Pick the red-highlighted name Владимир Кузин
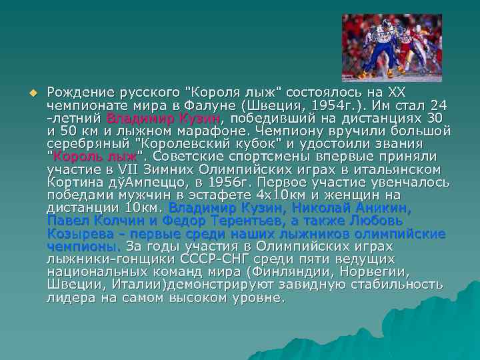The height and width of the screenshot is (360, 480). point(163,118)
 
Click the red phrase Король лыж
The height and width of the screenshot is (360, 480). point(95,156)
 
